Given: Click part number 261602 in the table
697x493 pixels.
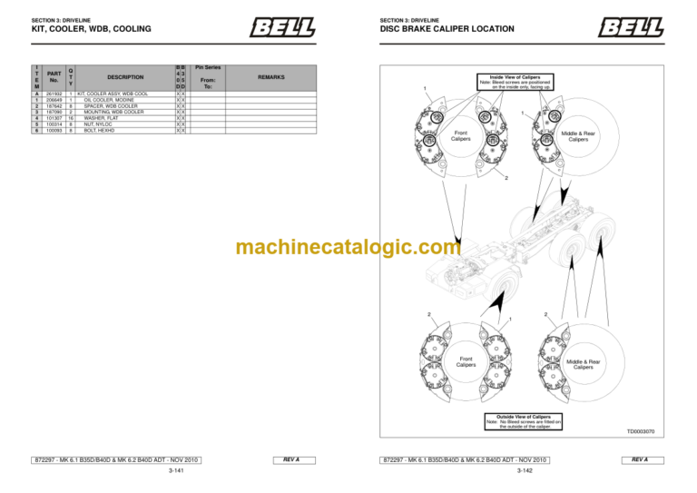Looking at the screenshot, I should point(53,94).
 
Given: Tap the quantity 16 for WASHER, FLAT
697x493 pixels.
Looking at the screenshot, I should point(70,118).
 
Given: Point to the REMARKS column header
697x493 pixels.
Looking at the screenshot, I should point(270,77).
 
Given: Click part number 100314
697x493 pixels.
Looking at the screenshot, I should point(53,124).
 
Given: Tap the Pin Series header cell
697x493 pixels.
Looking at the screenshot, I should point(208,67).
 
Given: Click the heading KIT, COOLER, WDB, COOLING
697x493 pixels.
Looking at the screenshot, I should point(91,29).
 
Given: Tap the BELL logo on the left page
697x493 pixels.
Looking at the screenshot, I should point(282,27).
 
